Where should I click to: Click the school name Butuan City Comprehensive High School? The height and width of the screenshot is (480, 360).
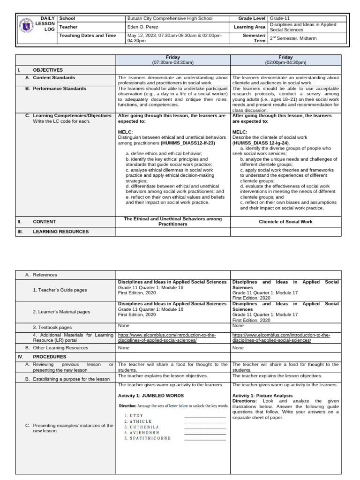coord(170,19)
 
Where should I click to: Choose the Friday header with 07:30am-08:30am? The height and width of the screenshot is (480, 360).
coord(172,60)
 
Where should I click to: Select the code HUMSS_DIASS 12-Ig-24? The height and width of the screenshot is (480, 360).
coord(261,143)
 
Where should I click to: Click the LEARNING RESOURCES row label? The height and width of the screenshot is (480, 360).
coord(60,232)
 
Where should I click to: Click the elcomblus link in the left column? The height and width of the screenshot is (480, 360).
coord(160,337)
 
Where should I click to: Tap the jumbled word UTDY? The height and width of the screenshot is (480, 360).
coord(137,416)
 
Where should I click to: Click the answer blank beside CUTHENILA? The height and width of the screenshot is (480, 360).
coord(205,427)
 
